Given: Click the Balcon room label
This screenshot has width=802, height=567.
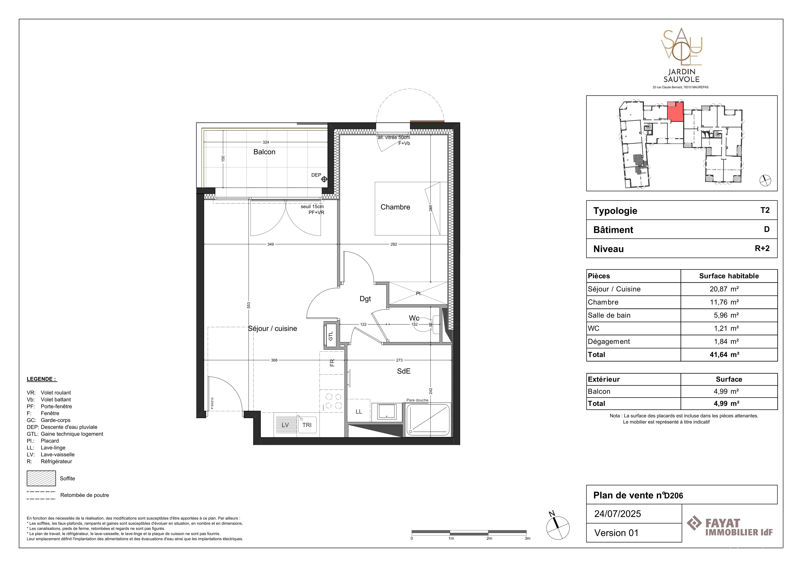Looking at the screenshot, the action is [264, 152].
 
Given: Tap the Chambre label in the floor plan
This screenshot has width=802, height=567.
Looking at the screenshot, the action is [395, 207].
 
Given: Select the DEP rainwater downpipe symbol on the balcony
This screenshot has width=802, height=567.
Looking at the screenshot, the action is [324, 179].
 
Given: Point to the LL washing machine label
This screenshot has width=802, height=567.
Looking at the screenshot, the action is [359, 412].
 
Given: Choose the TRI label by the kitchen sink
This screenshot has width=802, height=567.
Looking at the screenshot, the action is [307, 425].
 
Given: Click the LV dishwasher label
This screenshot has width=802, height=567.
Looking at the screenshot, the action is [285, 425].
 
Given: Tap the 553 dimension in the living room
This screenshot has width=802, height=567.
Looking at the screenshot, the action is [249, 305].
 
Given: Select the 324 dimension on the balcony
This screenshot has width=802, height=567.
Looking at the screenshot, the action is [266, 142].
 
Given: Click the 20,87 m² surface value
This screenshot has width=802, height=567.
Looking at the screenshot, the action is [724, 289].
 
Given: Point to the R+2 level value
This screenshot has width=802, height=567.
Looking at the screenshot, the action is [762, 248].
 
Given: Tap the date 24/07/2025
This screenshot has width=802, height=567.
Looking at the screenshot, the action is [618, 514].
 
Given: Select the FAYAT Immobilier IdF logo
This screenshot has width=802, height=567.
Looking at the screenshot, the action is [730, 527].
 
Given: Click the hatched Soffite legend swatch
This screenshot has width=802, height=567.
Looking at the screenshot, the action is [41, 478].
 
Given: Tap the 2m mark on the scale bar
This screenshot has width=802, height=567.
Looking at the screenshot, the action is [489, 538].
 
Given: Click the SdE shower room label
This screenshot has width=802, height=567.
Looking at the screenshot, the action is [404, 371].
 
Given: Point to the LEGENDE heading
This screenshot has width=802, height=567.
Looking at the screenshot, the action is [42, 379].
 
